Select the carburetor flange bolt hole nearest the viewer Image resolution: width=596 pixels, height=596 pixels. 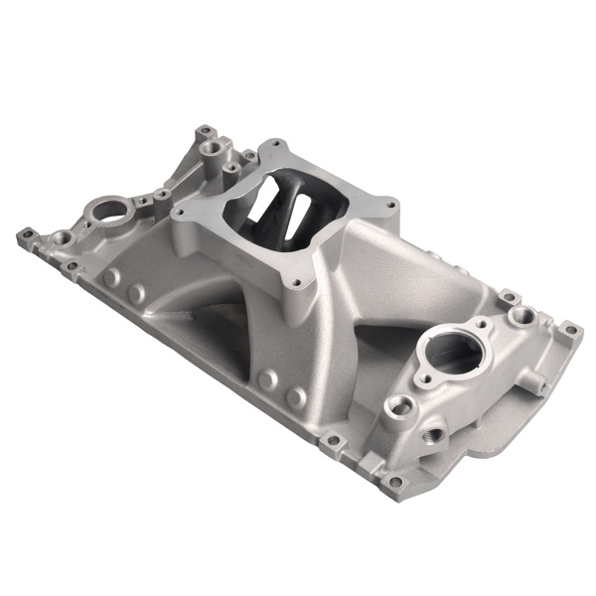coord(296,282)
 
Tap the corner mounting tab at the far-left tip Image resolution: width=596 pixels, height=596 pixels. coord(24,237)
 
